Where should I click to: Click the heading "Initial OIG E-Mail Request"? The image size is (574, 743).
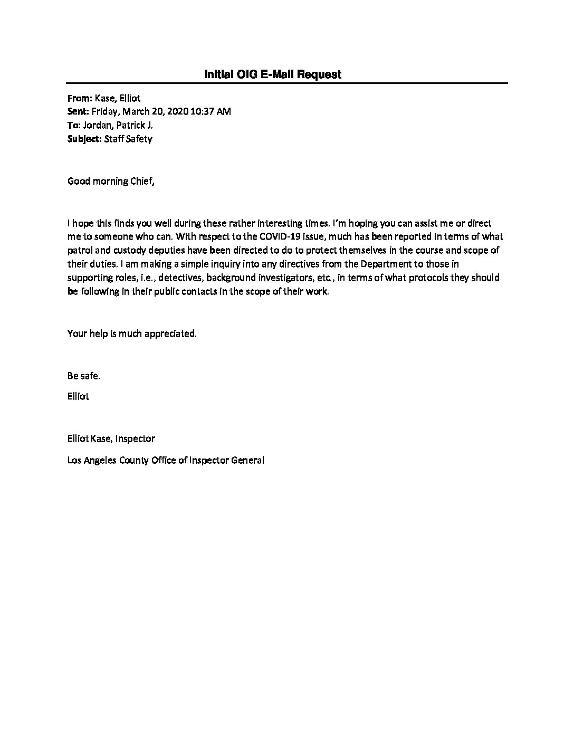273,74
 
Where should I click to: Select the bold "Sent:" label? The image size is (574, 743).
79,111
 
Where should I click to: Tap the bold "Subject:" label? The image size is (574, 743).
85,139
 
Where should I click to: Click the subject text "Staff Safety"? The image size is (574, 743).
128,139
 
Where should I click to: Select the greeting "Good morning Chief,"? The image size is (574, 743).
112,181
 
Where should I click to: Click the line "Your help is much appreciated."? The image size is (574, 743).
132,334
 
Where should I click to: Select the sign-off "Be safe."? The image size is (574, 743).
83,376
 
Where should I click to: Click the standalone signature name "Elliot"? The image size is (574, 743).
78,396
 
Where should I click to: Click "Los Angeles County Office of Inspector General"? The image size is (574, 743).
166,460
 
